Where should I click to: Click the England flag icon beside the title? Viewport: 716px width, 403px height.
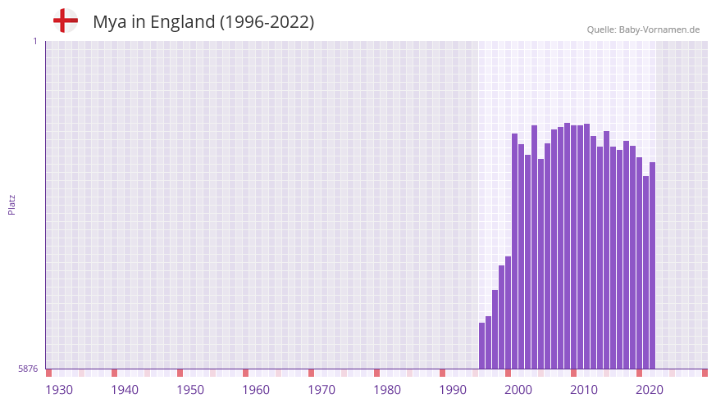(x=66, y=21)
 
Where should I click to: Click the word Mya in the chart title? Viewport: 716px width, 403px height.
(x=110, y=22)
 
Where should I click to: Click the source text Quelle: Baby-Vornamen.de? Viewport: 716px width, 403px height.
(x=643, y=29)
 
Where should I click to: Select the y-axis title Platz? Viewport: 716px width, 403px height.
(x=11, y=204)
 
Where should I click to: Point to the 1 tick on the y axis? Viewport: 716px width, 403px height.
(x=34, y=41)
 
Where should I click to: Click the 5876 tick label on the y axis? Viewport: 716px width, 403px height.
(x=28, y=369)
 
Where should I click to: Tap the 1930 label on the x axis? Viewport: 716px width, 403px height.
(x=59, y=389)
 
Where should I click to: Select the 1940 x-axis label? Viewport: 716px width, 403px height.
(x=125, y=389)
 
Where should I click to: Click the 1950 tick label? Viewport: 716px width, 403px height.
(x=190, y=389)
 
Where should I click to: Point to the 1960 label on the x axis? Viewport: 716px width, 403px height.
(x=256, y=389)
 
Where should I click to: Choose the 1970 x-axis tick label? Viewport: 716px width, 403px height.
(x=322, y=389)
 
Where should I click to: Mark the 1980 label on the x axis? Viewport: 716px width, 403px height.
(x=387, y=389)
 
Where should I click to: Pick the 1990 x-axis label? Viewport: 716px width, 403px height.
(x=453, y=389)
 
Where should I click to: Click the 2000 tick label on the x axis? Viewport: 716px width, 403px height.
(x=518, y=389)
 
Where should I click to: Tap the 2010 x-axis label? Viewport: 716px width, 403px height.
(x=584, y=389)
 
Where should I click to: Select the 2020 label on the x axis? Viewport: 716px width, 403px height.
(x=650, y=389)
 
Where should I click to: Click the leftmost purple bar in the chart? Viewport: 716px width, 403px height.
(x=482, y=346)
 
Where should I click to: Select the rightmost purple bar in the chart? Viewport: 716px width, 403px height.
(x=652, y=265)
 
